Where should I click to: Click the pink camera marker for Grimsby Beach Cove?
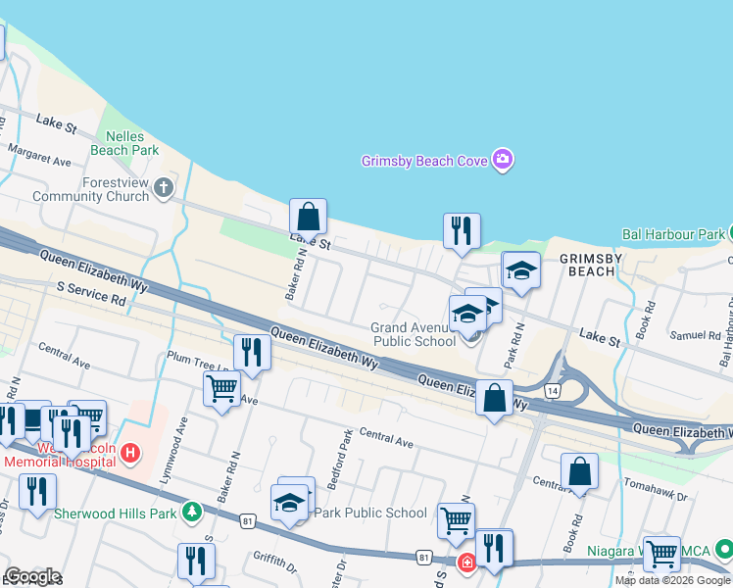click(x=503, y=160)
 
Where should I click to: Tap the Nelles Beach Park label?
click(x=124, y=144)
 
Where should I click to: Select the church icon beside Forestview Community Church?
click(x=163, y=189)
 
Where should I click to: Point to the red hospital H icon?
click(x=134, y=454)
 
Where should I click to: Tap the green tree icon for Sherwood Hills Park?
click(x=192, y=512)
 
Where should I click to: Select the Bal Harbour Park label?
click(x=672, y=234)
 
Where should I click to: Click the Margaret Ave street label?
click(x=40, y=154)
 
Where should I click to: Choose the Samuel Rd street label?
click(x=694, y=336)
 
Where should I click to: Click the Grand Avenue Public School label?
click(x=414, y=335)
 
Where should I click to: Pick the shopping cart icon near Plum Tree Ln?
click(x=221, y=389)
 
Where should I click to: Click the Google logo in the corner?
click(x=32, y=576)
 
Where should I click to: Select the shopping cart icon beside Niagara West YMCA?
click(x=661, y=553)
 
